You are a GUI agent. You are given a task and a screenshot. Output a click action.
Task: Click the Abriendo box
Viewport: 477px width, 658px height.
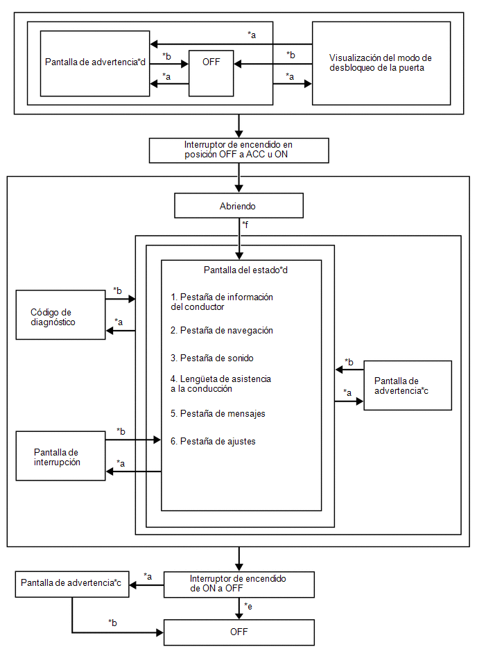tap(238, 206)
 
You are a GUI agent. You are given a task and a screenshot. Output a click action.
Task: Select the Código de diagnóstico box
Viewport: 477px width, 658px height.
tap(60, 315)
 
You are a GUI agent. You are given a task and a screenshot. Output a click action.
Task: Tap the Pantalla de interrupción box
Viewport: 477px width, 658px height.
tap(60, 456)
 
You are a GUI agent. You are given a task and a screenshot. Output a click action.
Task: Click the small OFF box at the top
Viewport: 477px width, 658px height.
tap(211, 73)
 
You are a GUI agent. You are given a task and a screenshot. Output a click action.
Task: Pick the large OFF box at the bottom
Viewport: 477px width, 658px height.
tap(238, 632)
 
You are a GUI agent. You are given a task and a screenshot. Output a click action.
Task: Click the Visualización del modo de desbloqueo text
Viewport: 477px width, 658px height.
tap(380, 63)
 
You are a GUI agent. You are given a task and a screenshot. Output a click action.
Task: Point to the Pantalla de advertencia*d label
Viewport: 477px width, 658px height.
tap(95, 62)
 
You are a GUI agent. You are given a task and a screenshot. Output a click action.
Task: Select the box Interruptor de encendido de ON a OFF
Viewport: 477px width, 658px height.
tap(238, 584)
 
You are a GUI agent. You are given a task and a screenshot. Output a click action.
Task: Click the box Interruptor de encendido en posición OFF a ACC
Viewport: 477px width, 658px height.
tap(238, 150)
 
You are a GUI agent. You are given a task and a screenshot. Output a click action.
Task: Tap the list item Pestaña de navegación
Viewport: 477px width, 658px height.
tap(221, 331)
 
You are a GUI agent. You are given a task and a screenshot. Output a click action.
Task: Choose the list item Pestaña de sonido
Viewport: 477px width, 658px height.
tap(212, 358)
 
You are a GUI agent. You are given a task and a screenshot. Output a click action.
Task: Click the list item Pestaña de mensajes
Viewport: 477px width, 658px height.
tap(218, 414)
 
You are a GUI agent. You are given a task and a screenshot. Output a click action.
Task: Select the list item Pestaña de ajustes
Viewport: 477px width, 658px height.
tap(213, 442)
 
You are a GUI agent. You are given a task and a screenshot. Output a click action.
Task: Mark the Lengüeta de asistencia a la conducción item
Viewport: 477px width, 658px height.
tap(220, 384)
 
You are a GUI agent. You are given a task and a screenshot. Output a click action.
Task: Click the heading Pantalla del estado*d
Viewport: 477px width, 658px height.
tap(245, 270)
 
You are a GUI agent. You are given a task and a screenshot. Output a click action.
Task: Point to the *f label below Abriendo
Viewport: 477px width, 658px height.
tap(245, 225)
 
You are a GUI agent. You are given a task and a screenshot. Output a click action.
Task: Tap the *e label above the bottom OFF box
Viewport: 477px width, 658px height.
tap(248, 607)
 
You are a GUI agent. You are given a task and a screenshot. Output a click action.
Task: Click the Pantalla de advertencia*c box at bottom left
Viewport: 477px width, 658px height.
tap(72, 584)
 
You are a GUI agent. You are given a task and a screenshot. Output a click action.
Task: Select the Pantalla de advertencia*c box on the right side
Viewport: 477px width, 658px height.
tap(408, 386)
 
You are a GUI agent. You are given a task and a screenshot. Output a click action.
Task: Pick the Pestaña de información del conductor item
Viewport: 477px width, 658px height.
tap(221, 302)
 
